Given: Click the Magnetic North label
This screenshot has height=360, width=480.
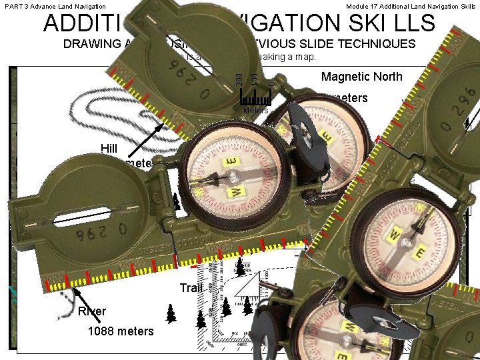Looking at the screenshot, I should [x=361, y=77].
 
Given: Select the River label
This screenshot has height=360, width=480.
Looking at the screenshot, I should [x=92, y=311].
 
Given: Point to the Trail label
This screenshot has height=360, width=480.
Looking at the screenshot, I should [x=191, y=288].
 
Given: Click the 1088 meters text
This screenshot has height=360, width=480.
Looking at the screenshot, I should [x=121, y=331].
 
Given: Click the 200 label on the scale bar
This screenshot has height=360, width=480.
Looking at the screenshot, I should [x=241, y=77].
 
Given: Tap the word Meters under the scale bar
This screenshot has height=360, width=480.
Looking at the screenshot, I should [x=256, y=110].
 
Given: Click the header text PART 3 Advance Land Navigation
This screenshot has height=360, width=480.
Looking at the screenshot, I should [x=55, y=6].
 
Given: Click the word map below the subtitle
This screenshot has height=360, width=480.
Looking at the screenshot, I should [x=305, y=57].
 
